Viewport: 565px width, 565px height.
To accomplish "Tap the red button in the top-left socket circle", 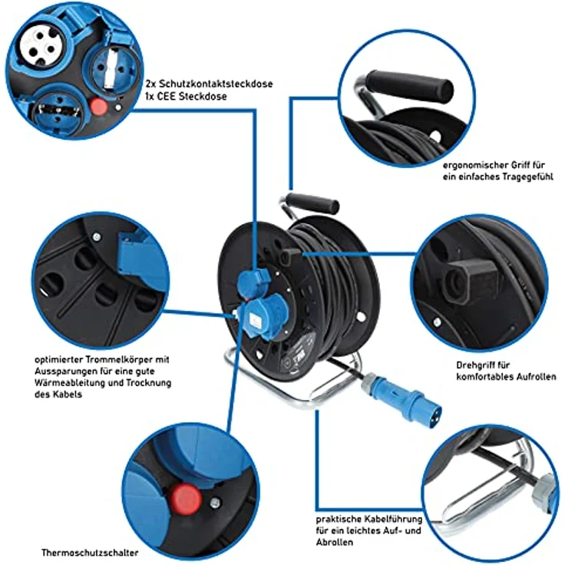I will tap(98, 107).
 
